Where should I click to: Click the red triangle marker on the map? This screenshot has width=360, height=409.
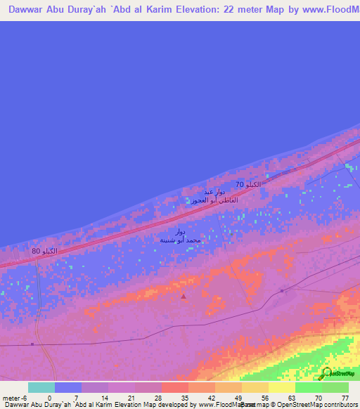184,297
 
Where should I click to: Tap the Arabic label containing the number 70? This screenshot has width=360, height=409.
247,184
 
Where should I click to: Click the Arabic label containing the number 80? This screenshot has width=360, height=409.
44,252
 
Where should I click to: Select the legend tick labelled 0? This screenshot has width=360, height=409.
49,398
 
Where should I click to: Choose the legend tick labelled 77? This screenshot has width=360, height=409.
345,398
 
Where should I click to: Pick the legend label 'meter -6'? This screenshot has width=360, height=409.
14,398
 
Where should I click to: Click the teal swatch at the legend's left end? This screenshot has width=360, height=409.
41,387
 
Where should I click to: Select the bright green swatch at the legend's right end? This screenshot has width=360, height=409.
335,387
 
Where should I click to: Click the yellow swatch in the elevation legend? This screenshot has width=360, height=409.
281,387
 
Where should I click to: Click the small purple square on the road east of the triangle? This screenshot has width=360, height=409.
281,290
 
